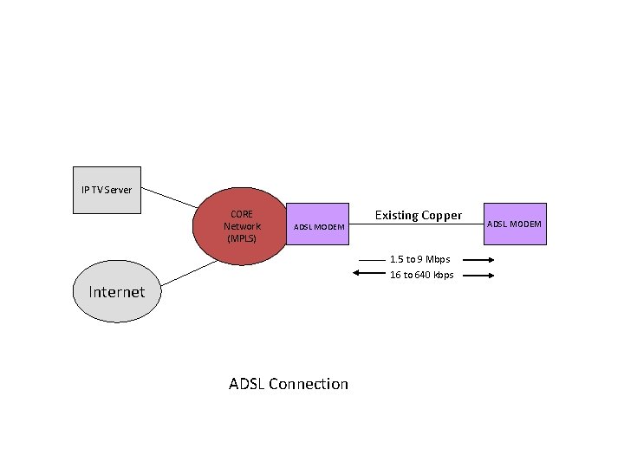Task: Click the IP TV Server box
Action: (x=107, y=189)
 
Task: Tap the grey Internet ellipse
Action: (x=117, y=291)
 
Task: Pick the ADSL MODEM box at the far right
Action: (x=514, y=224)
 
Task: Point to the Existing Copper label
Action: (x=418, y=215)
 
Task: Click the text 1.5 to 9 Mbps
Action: (x=419, y=259)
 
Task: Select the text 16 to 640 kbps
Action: (x=421, y=275)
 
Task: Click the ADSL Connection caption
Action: (x=288, y=384)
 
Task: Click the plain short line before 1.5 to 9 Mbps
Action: (x=371, y=260)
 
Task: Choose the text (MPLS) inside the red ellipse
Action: (x=241, y=237)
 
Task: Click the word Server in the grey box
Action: (x=119, y=189)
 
